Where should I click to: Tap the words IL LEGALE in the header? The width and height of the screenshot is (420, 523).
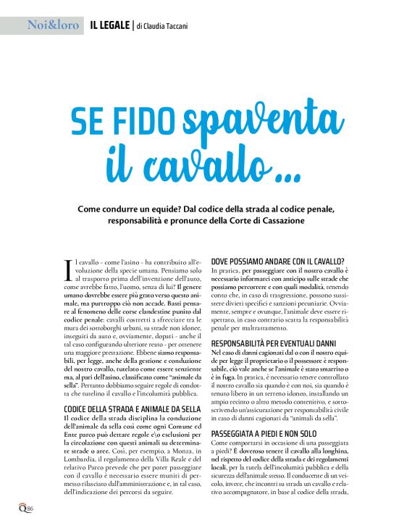110,26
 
